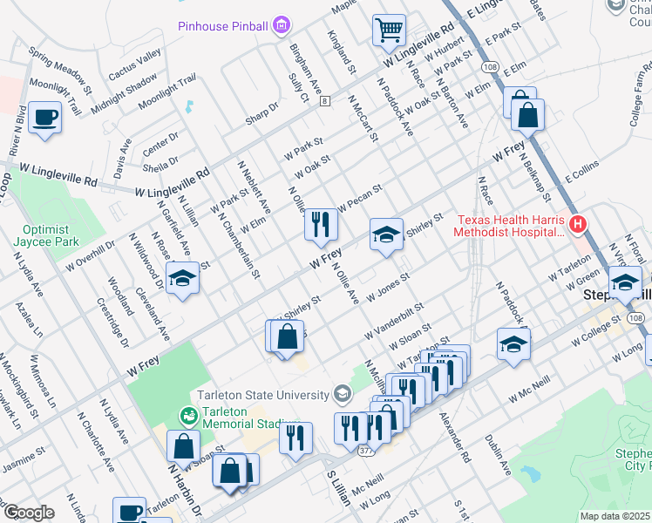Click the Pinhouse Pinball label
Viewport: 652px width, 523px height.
(x=223, y=26)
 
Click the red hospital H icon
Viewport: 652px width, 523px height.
(x=578, y=226)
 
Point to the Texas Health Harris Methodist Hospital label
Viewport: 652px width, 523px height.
(x=510, y=226)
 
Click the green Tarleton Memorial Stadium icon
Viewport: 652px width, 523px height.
(x=187, y=413)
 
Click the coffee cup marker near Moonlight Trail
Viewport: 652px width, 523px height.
(x=44, y=117)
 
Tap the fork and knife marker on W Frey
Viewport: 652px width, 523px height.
(x=321, y=224)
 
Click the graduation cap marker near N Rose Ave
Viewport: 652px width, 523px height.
(x=182, y=278)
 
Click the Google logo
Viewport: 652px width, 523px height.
(x=29, y=513)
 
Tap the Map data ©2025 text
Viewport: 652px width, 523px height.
(x=615, y=516)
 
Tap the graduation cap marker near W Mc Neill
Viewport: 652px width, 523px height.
(x=513, y=344)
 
